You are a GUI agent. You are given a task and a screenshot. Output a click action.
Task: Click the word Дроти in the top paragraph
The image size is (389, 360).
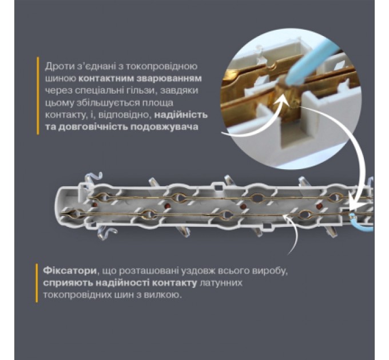(x=57, y=65)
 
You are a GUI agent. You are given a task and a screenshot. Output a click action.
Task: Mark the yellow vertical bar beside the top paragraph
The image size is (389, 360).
(x=37, y=95)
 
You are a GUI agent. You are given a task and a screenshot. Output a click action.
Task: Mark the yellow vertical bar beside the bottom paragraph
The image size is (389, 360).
(x=37, y=282)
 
